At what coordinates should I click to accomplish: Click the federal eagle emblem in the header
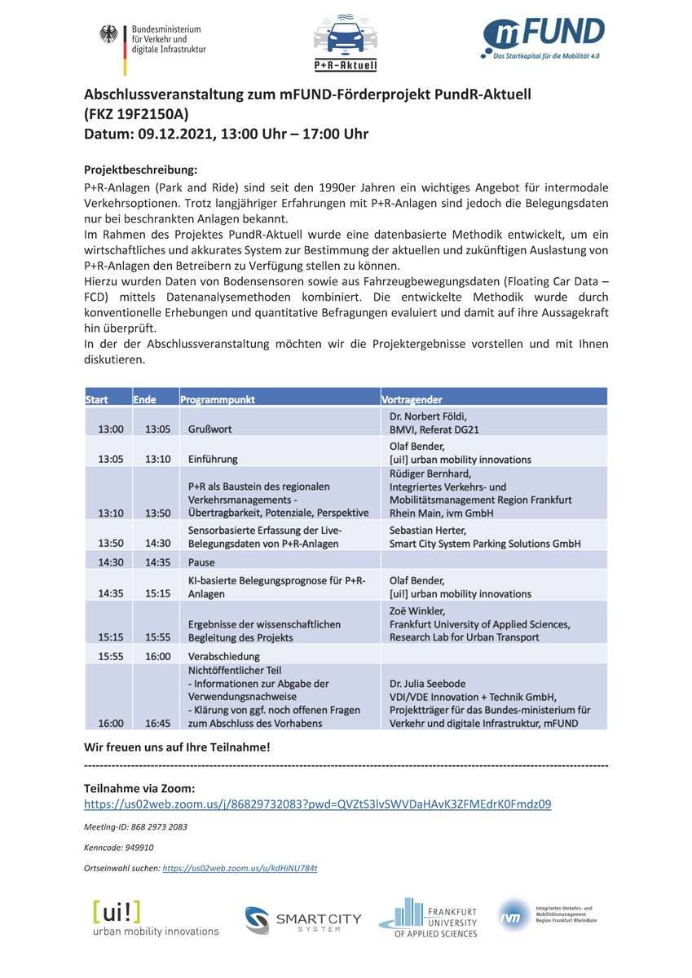pos(108,34)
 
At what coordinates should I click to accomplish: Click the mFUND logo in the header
pos(543,37)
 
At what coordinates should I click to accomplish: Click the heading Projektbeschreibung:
pos(141,170)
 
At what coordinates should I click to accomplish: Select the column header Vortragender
pos(412,399)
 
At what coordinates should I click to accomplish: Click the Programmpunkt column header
pos(218,399)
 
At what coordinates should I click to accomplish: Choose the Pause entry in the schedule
pos(201,562)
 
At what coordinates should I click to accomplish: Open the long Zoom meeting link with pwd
pos(317,804)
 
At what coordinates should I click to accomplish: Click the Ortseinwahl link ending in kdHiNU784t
pos(240,869)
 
